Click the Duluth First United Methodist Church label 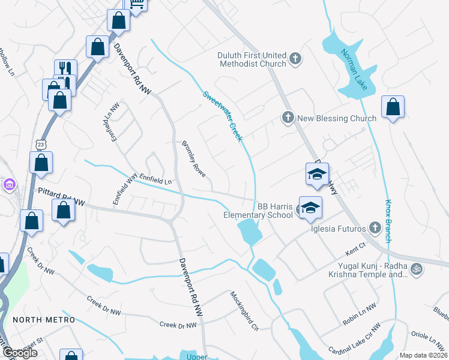(x=252, y=59)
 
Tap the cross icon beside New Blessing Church (x=288, y=118)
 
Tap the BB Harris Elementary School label (x=258, y=210)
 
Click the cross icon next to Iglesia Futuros (x=375, y=227)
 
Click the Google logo (x=19, y=353)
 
